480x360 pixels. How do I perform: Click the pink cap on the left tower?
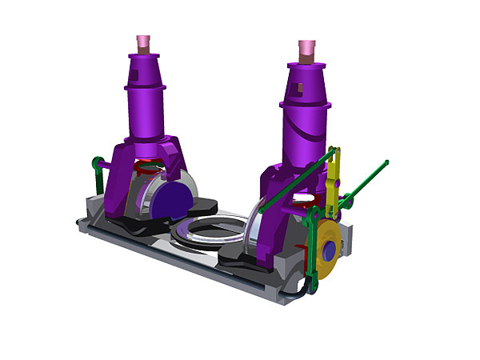(x=144, y=42)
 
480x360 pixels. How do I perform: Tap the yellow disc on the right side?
(x=326, y=252)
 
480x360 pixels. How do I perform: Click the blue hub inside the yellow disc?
(x=328, y=251)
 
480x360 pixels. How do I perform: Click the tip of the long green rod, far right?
(x=386, y=163)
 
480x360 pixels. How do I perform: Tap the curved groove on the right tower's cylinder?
(x=303, y=128)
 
